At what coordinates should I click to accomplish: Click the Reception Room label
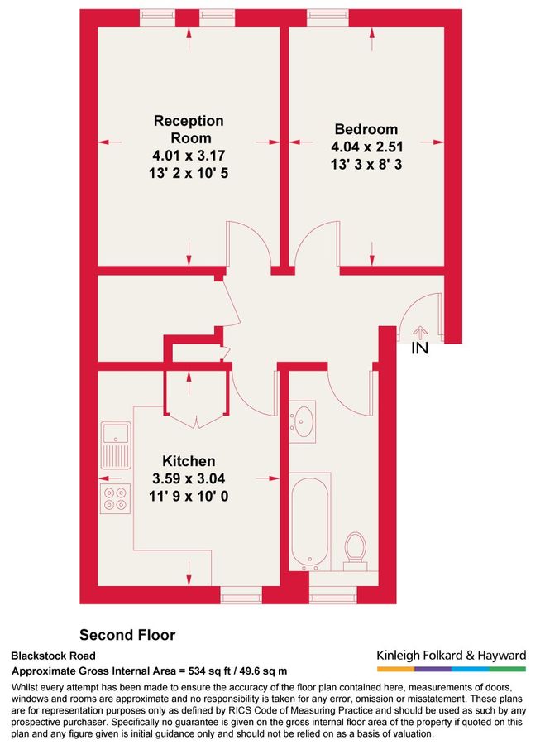pyautogui.click(x=189, y=129)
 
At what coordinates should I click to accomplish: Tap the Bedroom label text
pyautogui.click(x=366, y=129)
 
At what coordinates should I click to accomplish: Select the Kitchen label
pyautogui.click(x=189, y=461)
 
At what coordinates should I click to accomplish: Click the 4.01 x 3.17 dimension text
pyautogui.click(x=189, y=155)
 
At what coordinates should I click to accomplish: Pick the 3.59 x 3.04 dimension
pyautogui.click(x=189, y=478)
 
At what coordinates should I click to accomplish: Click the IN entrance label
pyautogui.click(x=420, y=349)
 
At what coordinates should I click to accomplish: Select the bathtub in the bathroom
pyautogui.click(x=310, y=521)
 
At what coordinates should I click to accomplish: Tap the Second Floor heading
pyautogui.click(x=127, y=635)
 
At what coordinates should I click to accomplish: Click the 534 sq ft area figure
pyautogui.click(x=241, y=670)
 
